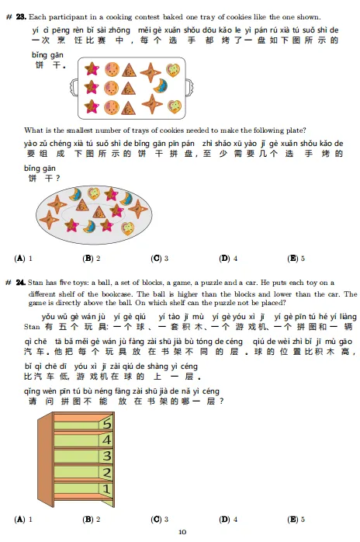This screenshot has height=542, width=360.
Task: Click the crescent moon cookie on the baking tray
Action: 161,85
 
